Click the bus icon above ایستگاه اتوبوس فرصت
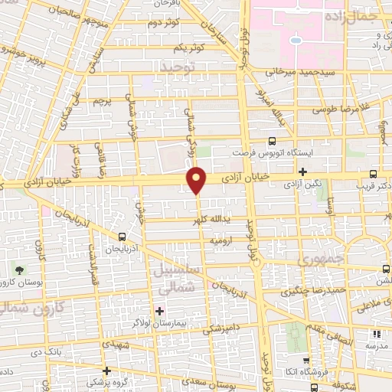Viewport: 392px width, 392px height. (x=271, y=141)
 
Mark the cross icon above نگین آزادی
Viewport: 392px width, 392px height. (x=303, y=171)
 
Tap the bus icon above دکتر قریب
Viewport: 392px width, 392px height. (x=373, y=174)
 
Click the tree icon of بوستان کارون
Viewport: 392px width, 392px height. (x=20, y=270)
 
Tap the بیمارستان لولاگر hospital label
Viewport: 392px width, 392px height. (x=165, y=324)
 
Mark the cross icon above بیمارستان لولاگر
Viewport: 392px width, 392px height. (x=159, y=311)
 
